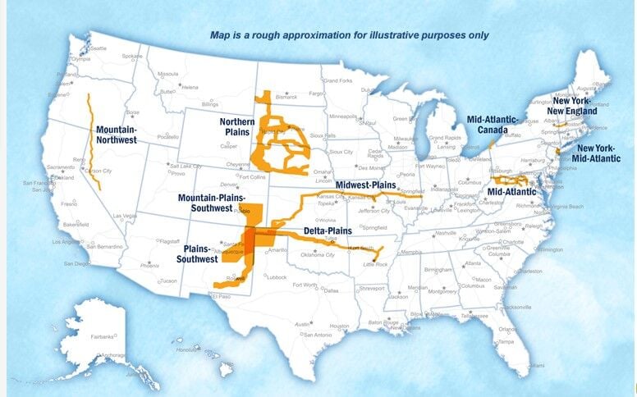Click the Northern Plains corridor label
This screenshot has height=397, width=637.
click(x=236, y=128)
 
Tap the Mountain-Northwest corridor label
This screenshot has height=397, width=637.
click(x=116, y=135)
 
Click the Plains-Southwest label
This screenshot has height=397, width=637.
click(x=197, y=253)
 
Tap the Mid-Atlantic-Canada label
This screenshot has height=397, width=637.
click(x=493, y=124)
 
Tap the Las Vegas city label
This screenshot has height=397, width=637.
click(x=125, y=216)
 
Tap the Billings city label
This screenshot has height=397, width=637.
click(x=210, y=105)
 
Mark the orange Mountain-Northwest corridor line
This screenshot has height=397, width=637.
click(x=92, y=139)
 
